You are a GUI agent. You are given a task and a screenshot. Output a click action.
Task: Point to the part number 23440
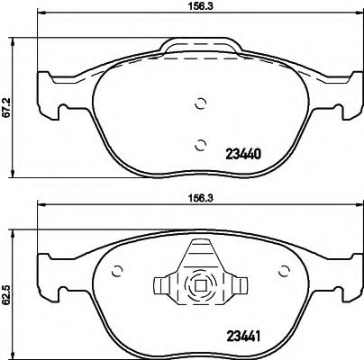(x=236, y=155)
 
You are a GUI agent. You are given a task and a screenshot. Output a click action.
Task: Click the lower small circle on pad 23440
(x=200, y=142)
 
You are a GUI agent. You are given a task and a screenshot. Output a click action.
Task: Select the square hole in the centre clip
(x=200, y=290)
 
